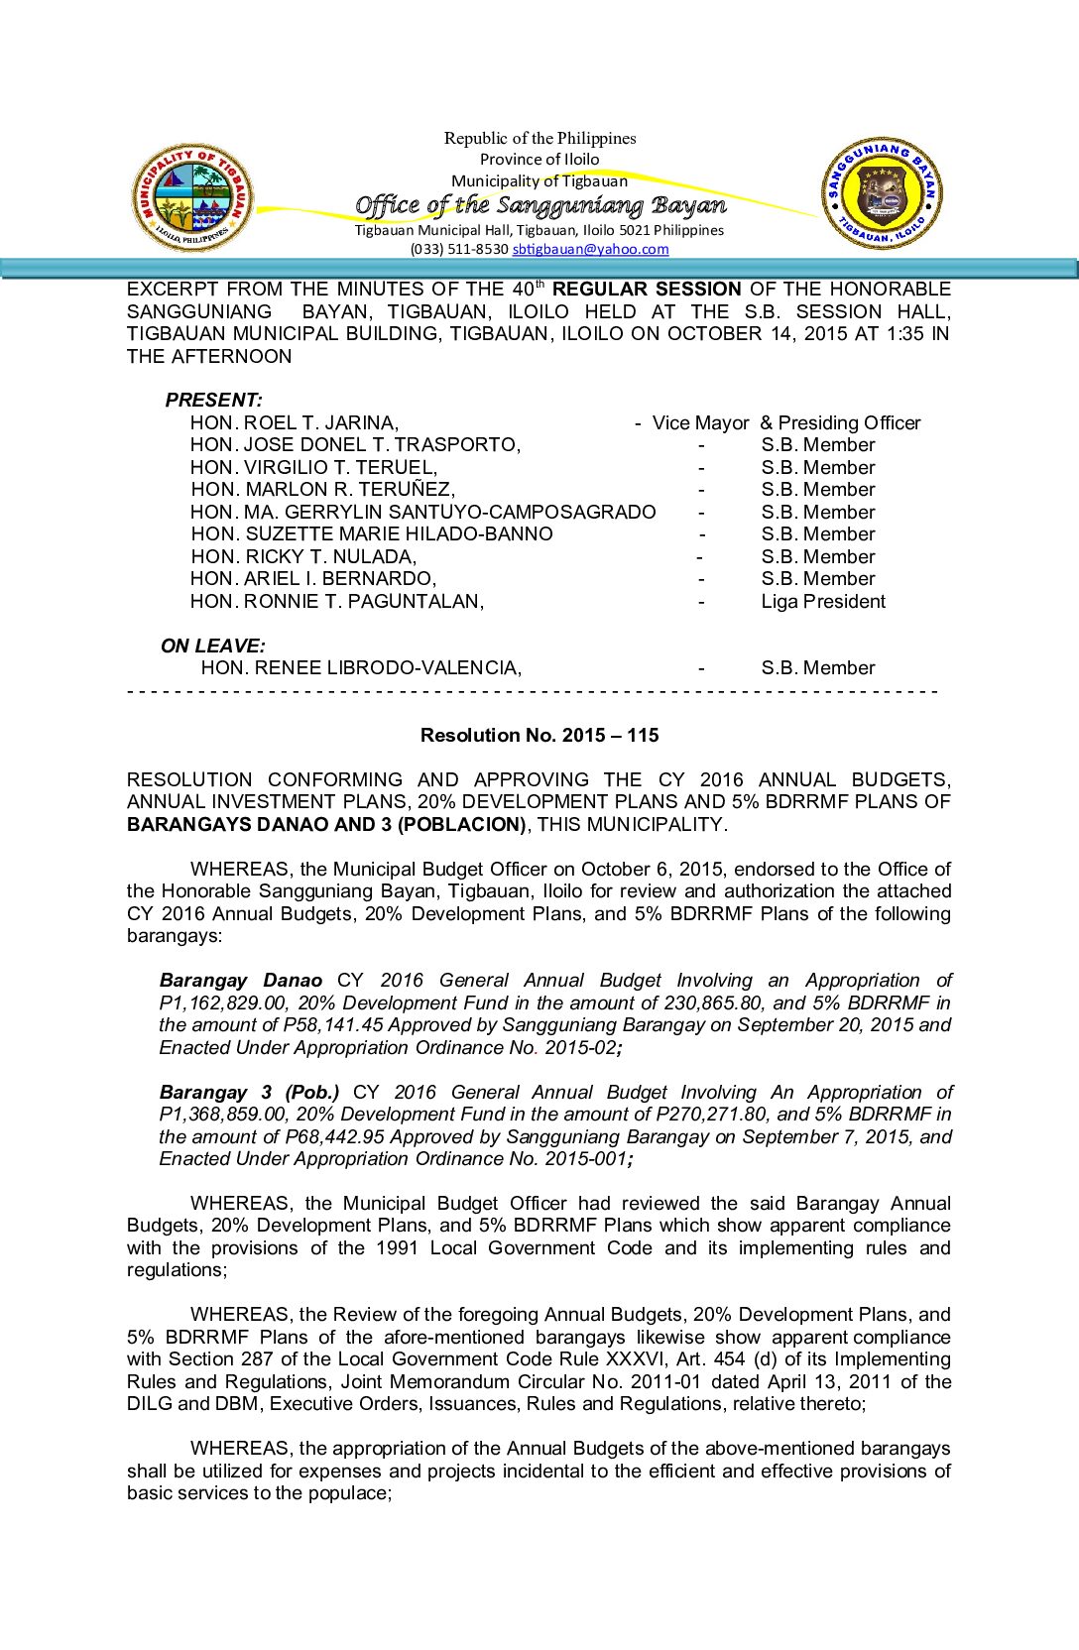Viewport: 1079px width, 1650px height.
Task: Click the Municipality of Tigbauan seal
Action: click(192, 197)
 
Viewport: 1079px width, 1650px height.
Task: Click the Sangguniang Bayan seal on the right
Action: click(882, 193)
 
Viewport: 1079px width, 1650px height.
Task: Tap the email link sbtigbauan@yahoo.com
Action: click(590, 250)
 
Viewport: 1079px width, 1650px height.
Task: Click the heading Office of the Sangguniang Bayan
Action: click(540, 205)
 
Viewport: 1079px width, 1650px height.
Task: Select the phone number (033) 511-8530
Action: click(459, 250)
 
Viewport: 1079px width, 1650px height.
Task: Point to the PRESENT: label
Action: click(213, 400)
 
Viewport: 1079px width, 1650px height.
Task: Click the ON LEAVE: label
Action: click(212, 646)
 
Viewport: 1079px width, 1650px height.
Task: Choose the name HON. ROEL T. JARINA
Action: click(294, 423)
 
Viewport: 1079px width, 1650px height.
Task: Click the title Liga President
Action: click(823, 602)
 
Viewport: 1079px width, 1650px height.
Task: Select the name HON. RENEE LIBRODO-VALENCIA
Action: click(360, 668)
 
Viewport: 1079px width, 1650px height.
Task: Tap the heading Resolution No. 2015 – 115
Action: click(539, 736)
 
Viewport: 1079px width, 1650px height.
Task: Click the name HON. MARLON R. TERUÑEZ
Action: click(322, 490)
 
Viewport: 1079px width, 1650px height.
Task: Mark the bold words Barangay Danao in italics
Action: click(241, 981)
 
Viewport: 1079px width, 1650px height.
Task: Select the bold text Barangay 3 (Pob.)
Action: click(249, 1093)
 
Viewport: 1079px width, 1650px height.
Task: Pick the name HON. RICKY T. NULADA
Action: click(303, 557)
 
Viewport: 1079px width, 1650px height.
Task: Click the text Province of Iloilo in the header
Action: click(539, 160)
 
